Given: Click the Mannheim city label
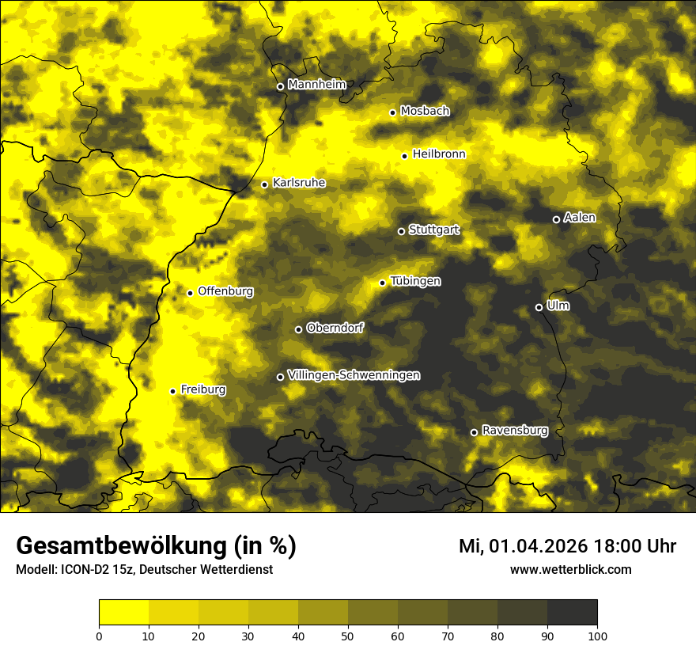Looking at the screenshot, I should (x=316, y=85).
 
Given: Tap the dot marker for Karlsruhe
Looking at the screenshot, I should (x=265, y=185).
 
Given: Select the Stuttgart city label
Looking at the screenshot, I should (x=433, y=230).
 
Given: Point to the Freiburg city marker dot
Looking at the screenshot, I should (x=173, y=391).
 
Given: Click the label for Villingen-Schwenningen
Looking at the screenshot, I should (x=354, y=375).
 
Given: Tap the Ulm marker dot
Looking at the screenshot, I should (x=539, y=307).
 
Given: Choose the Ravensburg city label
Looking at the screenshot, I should (x=514, y=431).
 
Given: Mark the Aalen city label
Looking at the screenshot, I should (x=579, y=218).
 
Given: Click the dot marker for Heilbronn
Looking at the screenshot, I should (x=405, y=156).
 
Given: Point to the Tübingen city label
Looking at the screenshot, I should (x=414, y=281).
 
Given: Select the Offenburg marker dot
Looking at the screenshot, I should (x=191, y=293).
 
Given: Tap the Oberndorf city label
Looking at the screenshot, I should (x=335, y=328).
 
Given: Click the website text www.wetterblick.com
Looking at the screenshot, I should (x=570, y=569).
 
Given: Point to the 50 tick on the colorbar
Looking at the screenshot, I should (x=348, y=635).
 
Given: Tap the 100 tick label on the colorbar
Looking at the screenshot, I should (x=597, y=635).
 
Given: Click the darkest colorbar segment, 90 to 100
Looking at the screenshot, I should (x=572, y=613).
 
